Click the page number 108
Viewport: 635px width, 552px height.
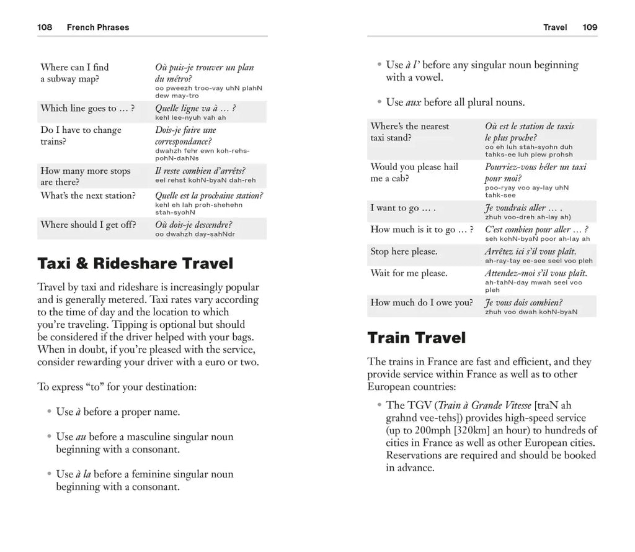click(x=45, y=27)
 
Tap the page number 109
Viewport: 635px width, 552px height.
click(x=590, y=27)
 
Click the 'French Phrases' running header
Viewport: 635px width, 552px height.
click(x=97, y=27)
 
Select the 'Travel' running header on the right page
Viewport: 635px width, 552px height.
click(x=555, y=27)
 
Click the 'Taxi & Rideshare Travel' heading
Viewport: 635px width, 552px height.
click(x=135, y=263)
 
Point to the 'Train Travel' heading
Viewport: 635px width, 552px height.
click(x=416, y=338)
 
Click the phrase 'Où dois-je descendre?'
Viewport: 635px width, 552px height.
click(x=193, y=225)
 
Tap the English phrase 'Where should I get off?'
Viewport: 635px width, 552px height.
click(x=88, y=225)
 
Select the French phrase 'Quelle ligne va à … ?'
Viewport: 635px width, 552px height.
click(x=195, y=108)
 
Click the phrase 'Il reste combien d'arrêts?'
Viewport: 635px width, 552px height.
click(x=200, y=171)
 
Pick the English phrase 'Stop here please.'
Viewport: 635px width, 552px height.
click(x=404, y=251)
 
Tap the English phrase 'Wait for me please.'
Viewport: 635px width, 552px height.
click(x=409, y=273)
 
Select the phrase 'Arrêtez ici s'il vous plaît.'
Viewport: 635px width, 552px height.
click(x=530, y=251)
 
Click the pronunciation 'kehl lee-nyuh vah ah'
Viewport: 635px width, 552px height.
click(x=190, y=117)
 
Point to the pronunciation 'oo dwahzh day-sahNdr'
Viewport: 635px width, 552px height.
click(x=195, y=234)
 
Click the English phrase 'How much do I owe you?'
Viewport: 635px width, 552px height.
click(x=422, y=302)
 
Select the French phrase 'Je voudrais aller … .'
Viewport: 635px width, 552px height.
click(x=523, y=208)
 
